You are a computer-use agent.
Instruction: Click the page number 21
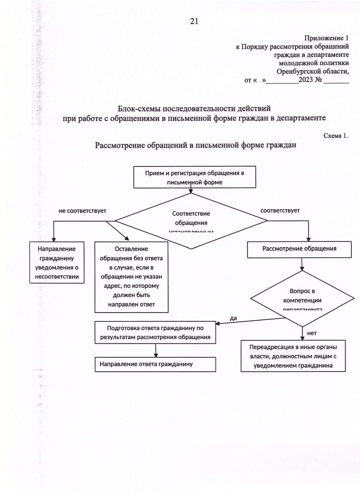click(194, 21)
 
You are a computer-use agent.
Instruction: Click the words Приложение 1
click(326, 38)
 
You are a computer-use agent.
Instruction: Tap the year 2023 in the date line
click(306, 80)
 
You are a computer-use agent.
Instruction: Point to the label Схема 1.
click(335, 136)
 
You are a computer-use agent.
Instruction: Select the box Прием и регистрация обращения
click(194, 177)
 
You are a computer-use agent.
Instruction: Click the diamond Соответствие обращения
click(191, 221)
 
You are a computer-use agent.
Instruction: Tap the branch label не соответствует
click(82, 211)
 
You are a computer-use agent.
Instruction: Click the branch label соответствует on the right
click(280, 210)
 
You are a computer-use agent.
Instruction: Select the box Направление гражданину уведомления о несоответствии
click(57, 263)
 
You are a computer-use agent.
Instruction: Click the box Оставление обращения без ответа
click(131, 277)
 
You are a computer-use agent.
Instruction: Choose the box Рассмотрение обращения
click(299, 249)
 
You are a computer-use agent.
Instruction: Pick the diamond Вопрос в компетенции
click(302, 299)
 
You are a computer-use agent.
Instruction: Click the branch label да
click(233, 318)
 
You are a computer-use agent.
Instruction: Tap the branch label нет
click(312, 333)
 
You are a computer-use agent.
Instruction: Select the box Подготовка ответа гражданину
click(155, 332)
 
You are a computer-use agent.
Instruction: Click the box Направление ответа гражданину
click(155, 364)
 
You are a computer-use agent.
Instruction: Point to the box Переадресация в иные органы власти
click(293, 356)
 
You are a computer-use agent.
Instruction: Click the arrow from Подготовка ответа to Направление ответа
click(156, 350)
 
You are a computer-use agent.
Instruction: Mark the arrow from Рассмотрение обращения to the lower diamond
click(302, 264)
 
